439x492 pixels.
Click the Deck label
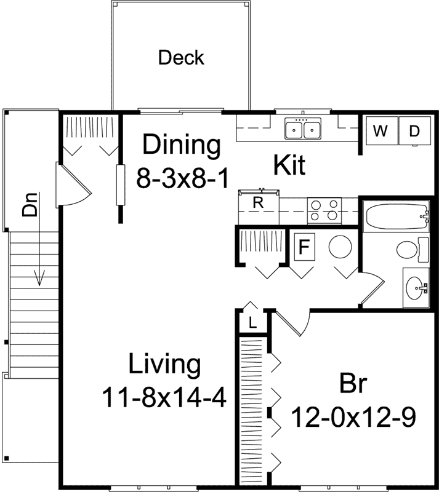(181, 58)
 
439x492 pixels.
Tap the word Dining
(181, 146)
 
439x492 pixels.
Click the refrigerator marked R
(259, 202)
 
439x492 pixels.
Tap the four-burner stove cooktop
(324, 210)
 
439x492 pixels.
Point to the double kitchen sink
(304, 130)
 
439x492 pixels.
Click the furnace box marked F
(304, 247)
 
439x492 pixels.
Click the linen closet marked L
(253, 322)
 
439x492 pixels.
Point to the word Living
(164, 364)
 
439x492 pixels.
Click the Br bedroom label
(353, 384)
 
